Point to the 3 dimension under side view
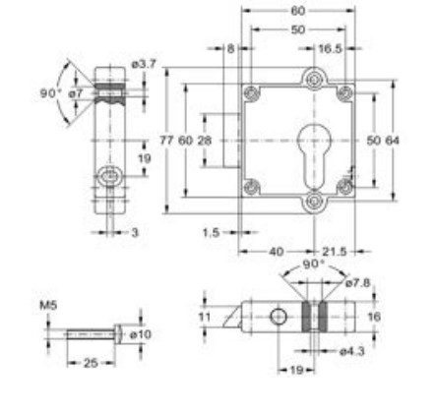point(135,233)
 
